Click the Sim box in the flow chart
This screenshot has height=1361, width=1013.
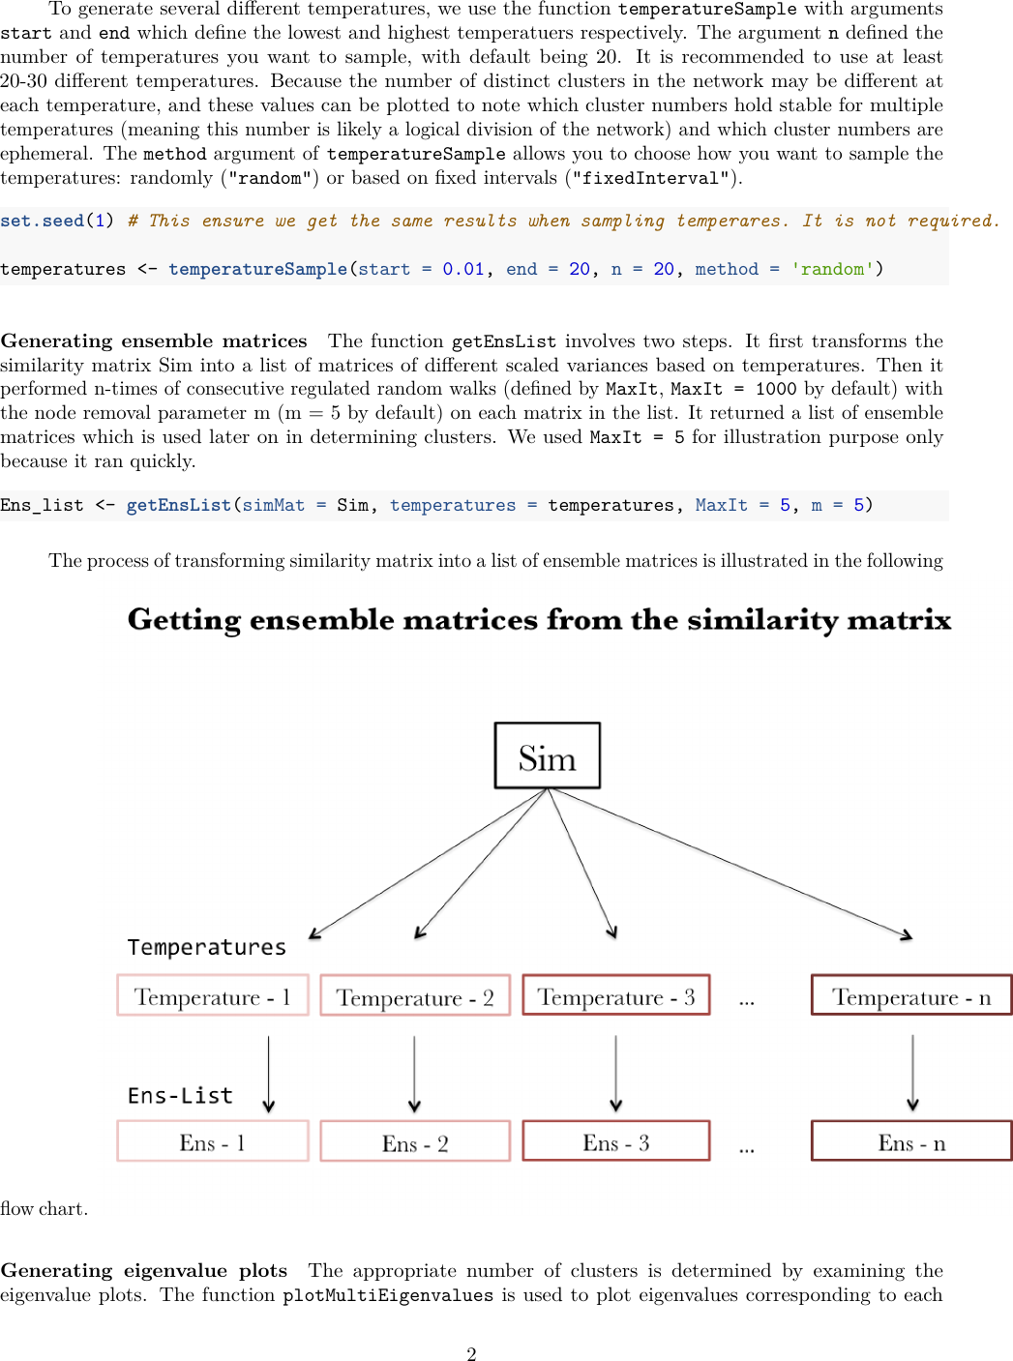[547, 755]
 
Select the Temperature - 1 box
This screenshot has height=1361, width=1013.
[212, 995]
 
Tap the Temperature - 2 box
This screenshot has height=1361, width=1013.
[414, 996]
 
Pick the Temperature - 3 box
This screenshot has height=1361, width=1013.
[616, 995]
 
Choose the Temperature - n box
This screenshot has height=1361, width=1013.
[910, 995]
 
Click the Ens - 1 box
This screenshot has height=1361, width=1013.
[212, 1141]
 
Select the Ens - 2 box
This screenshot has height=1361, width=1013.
[414, 1142]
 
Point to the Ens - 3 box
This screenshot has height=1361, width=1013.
[616, 1141]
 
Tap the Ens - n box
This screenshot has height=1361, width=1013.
[910, 1141]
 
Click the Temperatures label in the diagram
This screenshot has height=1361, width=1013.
[206, 947]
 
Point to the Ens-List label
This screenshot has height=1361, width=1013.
[180, 1095]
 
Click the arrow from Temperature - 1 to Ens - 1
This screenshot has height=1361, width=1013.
[269, 1074]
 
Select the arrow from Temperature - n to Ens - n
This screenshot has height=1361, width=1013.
[912, 1074]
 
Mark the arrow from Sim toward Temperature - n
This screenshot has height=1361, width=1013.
[735, 864]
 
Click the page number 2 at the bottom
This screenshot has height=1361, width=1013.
[471, 1353]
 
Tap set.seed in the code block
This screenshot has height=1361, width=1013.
[43, 221]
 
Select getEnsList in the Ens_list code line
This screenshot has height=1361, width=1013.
[178, 505]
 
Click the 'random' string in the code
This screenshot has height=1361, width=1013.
[832, 269]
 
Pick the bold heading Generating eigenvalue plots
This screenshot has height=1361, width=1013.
[144, 1270]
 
